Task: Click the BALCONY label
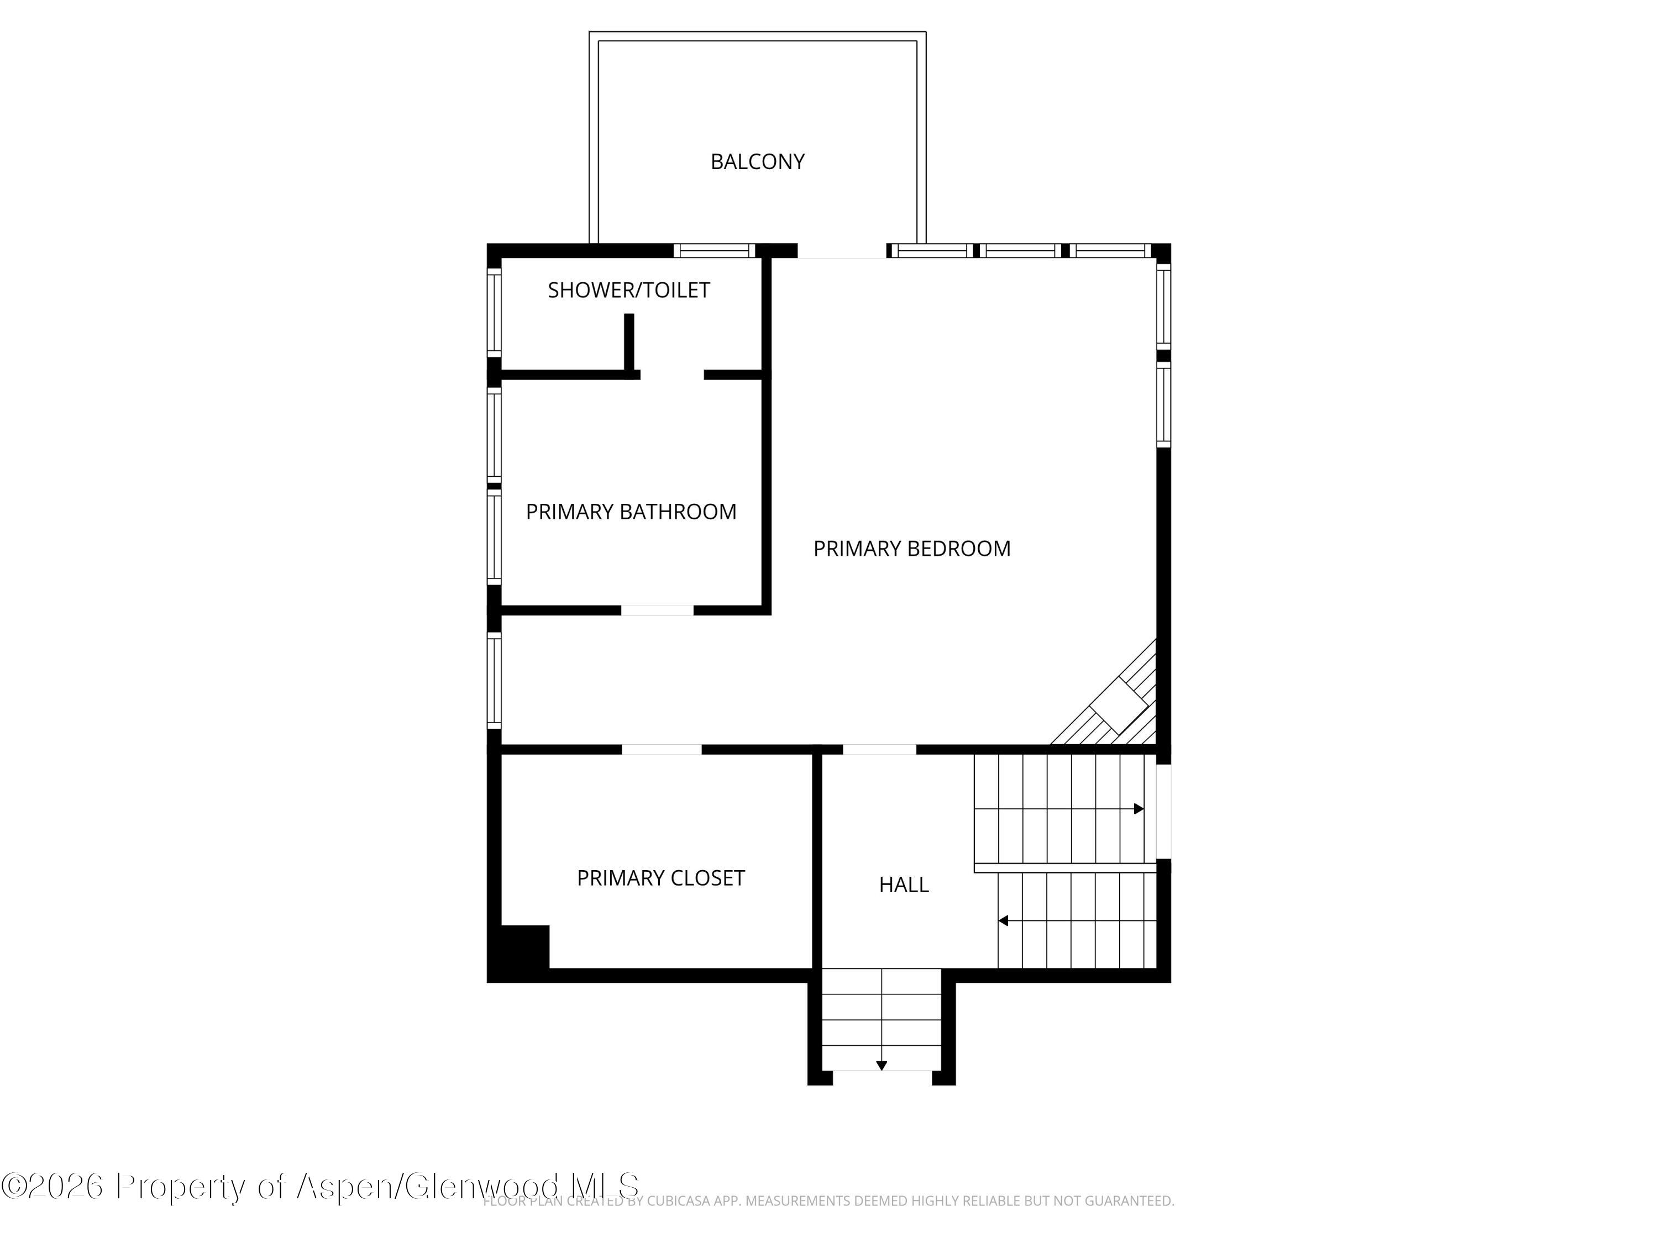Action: coord(757,162)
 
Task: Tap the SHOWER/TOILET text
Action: coord(628,291)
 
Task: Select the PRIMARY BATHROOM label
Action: coord(631,512)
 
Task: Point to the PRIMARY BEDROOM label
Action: coord(911,549)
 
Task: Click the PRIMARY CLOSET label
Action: coord(660,878)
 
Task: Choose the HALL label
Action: coord(903,885)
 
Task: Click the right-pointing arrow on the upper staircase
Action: coord(1138,809)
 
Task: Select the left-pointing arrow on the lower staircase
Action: coord(1003,921)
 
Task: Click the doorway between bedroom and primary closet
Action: coord(661,749)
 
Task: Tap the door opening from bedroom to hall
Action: coord(879,749)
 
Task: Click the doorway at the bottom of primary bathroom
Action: coord(657,610)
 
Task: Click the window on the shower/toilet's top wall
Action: coord(713,250)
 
